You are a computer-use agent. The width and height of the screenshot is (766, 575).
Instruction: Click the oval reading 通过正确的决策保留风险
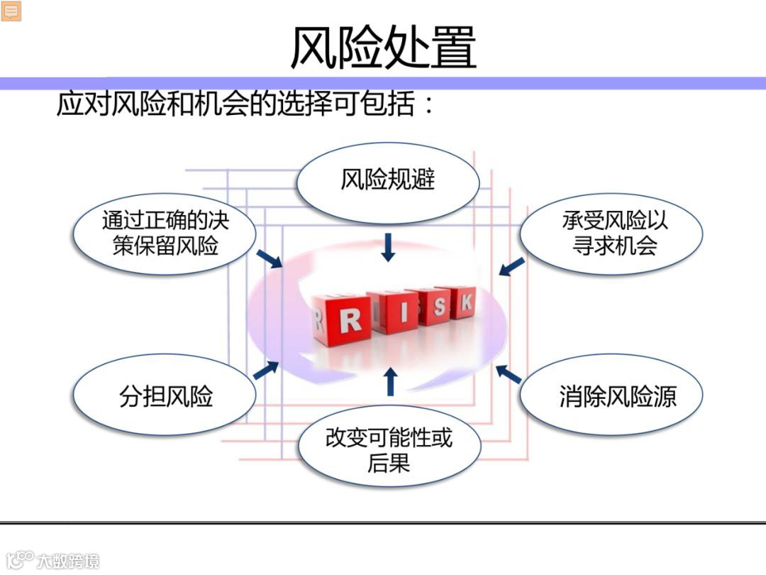click(165, 233)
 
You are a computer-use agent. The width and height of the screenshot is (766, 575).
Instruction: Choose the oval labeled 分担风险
click(165, 396)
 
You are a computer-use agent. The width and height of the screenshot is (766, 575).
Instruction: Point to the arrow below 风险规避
click(388, 246)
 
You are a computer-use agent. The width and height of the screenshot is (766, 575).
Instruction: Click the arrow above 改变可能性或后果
click(389, 381)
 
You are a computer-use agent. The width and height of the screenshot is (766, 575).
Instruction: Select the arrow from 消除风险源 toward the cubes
click(509, 374)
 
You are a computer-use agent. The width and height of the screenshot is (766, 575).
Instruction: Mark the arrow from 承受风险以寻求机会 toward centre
click(511, 266)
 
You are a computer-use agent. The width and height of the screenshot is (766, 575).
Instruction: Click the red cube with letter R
click(343, 322)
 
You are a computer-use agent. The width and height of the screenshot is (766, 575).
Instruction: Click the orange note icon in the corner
click(11, 11)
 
